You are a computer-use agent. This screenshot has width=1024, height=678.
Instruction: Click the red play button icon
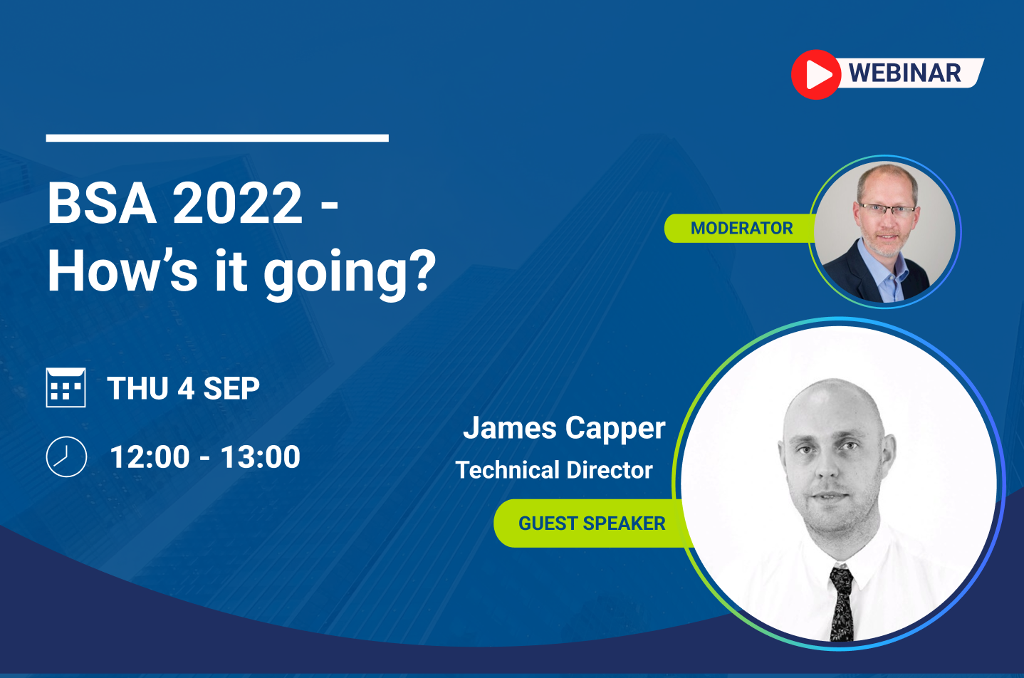(816, 74)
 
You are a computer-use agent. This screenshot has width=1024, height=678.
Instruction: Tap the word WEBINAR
(904, 73)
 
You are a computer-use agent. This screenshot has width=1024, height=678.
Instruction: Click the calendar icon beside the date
(66, 387)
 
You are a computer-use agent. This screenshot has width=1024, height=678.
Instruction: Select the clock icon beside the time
(66, 457)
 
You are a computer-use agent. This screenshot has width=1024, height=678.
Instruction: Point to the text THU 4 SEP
(183, 389)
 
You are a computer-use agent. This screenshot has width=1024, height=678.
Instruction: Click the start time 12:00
(150, 457)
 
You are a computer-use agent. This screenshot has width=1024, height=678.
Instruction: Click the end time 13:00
(260, 457)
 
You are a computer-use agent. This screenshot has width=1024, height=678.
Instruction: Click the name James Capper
(564, 429)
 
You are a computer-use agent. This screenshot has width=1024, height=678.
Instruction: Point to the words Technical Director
(554, 470)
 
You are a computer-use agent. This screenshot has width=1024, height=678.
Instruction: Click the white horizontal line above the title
(217, 138)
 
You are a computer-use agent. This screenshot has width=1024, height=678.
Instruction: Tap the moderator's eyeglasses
(887, 210)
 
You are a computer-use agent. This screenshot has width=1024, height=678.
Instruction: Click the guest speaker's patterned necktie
(842, 603)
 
